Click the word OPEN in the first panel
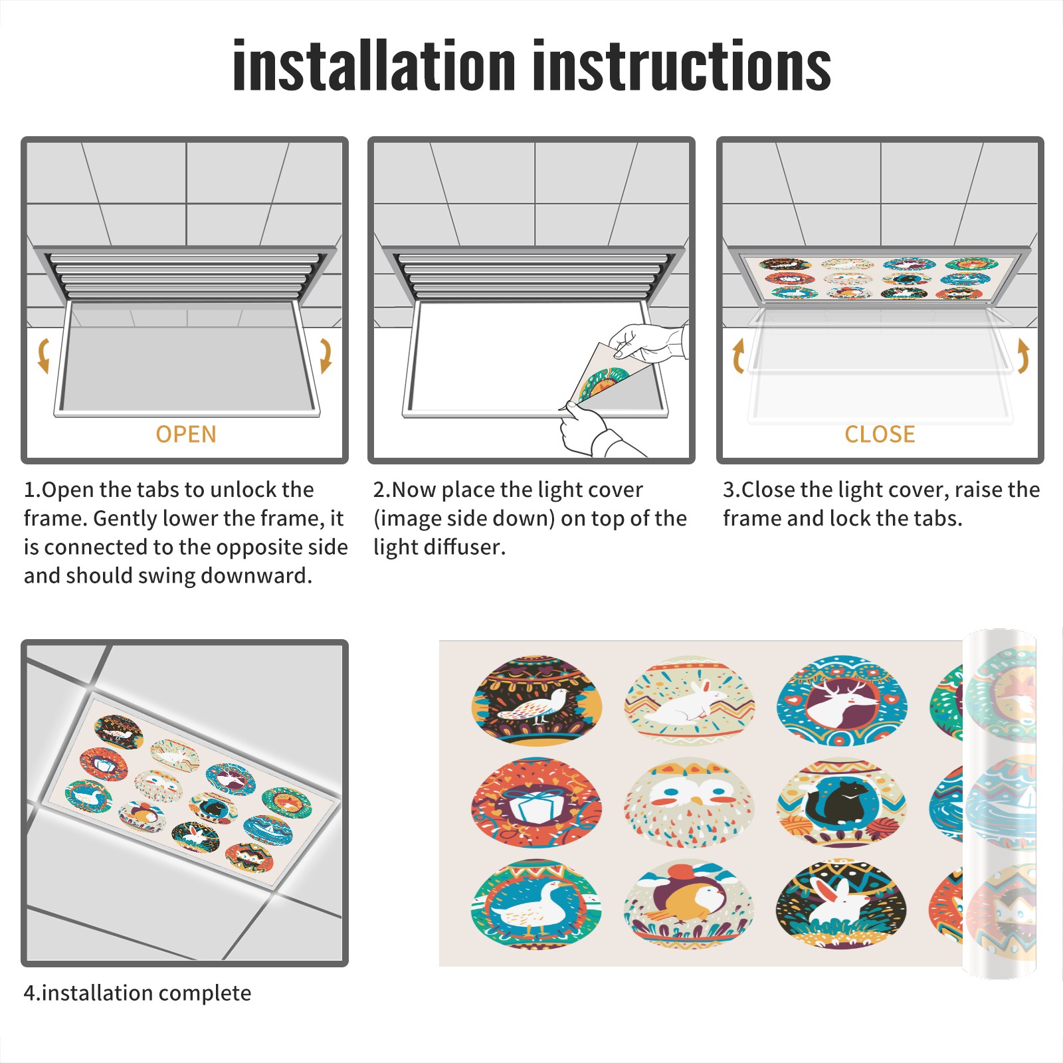186,435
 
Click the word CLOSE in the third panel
880,435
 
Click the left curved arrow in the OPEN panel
44,356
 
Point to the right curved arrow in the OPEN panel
326,356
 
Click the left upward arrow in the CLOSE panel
738,356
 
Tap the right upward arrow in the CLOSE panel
1023,356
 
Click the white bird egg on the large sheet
537,702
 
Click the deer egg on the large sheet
842,702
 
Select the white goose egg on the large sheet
537,904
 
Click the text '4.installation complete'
138,993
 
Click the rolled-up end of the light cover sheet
1000,804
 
